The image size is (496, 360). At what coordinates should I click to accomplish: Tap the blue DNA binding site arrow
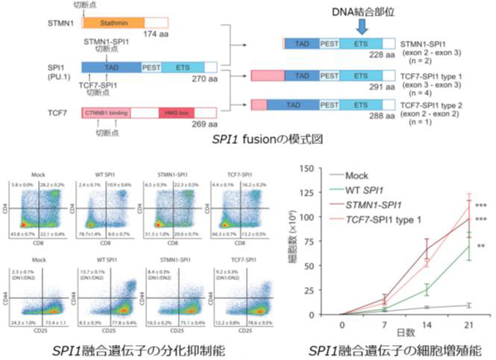[362, 26]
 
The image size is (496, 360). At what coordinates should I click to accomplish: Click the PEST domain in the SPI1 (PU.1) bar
[152, 68]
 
